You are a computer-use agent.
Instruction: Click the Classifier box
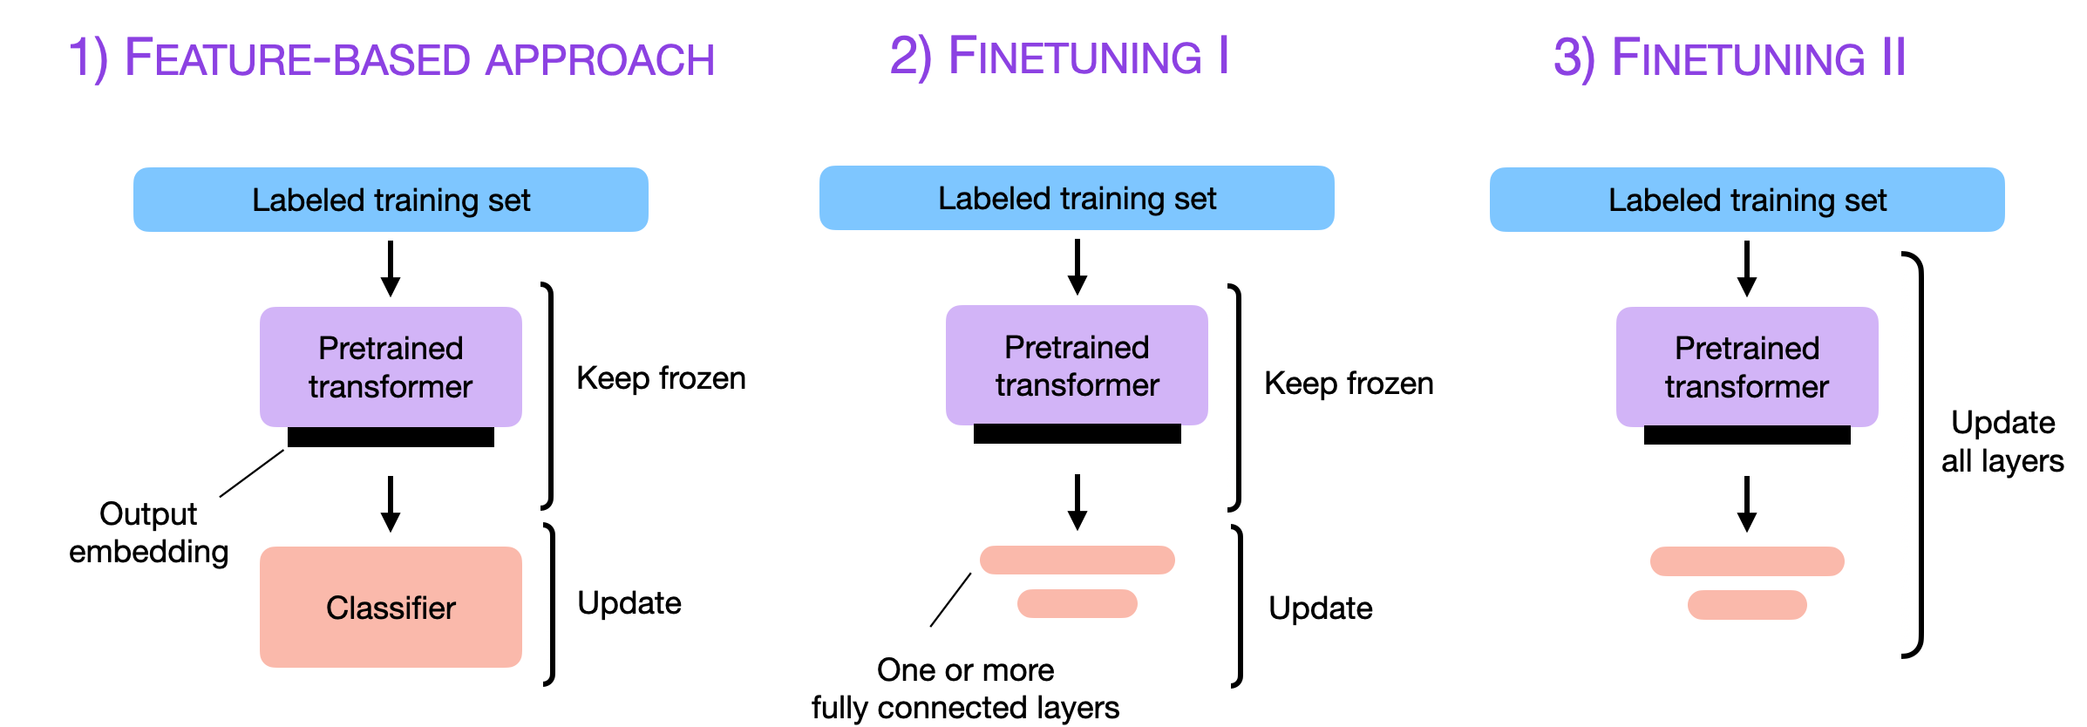pyautogui.click(x=391, y=607)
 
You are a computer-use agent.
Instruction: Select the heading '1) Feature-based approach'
pyautogui.click(x=391, y=58)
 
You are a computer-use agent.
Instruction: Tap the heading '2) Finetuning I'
pyautogui.click(x=1058, y=56)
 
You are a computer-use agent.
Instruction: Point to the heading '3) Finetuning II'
pyautogui.click(x=1730, y=58)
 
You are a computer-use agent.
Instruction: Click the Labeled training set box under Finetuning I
pyautogui.click(x=1077, y=198)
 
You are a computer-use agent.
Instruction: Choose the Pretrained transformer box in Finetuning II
pyautogui.click(x=1746, y=366)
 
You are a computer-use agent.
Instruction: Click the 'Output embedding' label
pyautogui.click(x=148, y=533)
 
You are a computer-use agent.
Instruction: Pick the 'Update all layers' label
pyautogui.click(x=2002, y=441)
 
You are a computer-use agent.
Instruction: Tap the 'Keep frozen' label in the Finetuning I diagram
pyautogui.click(x=1348, y=383)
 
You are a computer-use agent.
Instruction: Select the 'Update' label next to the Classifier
pyautogui.click(x=629, y=602)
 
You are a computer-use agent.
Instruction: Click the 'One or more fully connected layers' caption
pyautogui.click(x=965, y=689)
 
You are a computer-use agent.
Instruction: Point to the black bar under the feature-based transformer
pyautogui.click(x=391, y=437)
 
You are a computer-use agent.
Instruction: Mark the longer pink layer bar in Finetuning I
pyautogui.click(x=1077, y=560)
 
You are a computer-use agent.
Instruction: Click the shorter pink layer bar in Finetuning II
pyautogui.click(x=1746, y=604)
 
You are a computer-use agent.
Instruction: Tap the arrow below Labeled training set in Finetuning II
pyautogui.click(x=1746, y=268)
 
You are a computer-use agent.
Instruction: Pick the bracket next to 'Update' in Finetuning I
pyautogui.click(x=1238, y=606)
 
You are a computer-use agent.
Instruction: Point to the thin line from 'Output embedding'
pyautogui.click(x=252, y=473)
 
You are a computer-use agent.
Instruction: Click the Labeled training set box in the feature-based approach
pyautogui.click(x=391, y=200)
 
